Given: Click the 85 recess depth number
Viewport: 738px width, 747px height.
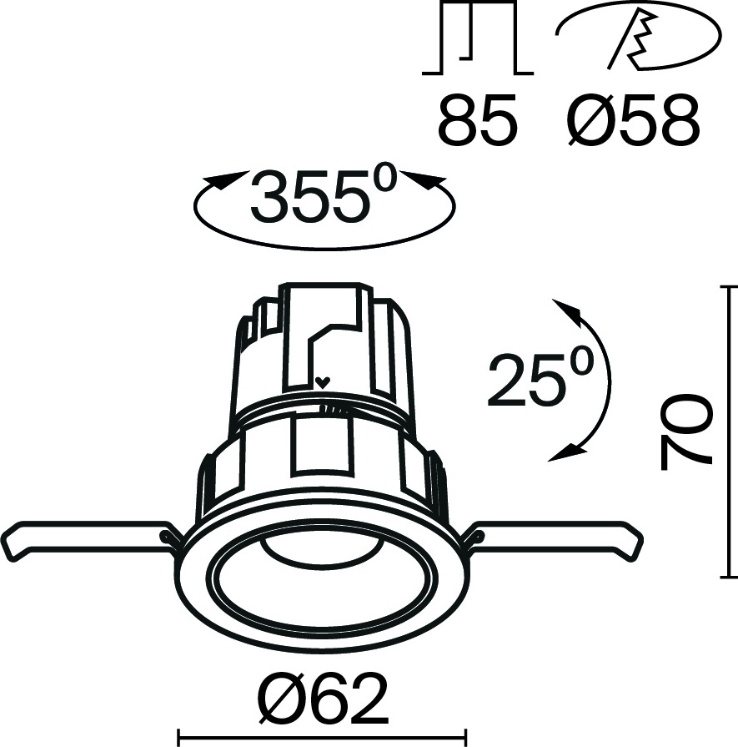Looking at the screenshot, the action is [x=477, y=119].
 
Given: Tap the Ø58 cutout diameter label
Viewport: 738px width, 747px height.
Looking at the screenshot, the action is [x=634, y=119].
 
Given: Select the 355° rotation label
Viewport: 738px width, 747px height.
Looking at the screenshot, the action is [x=324, y=194].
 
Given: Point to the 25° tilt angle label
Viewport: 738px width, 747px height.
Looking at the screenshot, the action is [x=540, y=379].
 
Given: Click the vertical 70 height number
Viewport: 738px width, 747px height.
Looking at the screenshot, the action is [x=686, y=431].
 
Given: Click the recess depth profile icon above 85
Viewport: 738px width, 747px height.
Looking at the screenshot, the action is [x=478, y=38].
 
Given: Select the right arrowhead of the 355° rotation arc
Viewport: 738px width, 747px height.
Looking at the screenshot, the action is [x=424, y=179].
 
